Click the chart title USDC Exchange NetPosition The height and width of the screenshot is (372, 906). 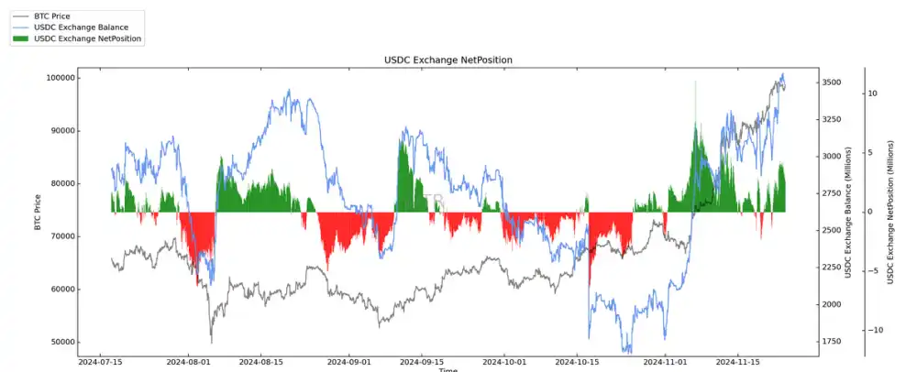click(x=447, y=60)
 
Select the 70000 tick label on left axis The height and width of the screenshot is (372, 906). click(x=60, y=236)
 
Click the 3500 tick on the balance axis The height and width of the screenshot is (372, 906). click(x=832, y=82)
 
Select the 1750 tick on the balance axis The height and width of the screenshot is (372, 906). click(x=832, y=342)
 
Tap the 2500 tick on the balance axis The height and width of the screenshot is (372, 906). click(x=832, y=230)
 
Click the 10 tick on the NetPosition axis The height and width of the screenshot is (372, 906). click(x=872, y=93)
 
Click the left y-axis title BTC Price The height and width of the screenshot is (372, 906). click(x=39, y=212)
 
